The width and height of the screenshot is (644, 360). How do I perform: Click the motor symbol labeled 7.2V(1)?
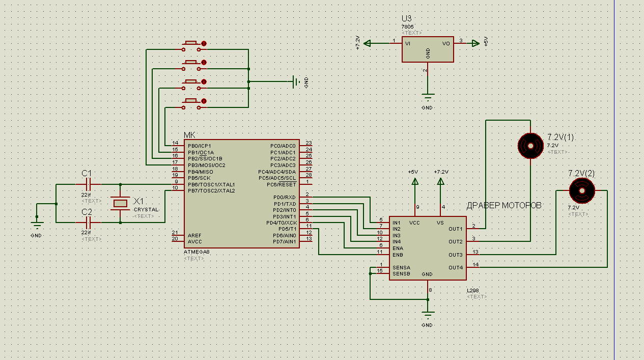[530, 146]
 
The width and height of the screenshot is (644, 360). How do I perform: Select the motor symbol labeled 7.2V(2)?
[581, 190]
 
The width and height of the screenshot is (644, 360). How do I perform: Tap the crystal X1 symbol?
[120, 203]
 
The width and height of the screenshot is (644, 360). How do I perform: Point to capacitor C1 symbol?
[88, 184]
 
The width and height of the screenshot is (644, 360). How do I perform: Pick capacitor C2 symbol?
[88, 223]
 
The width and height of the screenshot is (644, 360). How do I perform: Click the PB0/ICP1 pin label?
[200, 146]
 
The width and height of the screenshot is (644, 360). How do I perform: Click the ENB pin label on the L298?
[398, 254]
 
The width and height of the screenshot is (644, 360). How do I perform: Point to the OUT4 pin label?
[456, 267]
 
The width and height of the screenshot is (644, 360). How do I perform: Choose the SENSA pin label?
[401, 267]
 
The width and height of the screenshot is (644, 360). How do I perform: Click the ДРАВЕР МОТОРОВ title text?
[503, 206]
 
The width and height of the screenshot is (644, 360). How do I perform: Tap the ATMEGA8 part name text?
[196, 252]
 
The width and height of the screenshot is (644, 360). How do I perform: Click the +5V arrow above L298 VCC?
[415, 181]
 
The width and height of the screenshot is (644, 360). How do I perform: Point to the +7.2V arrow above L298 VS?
[441, 181]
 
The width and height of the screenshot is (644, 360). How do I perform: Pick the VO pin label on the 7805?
[446, 44]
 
